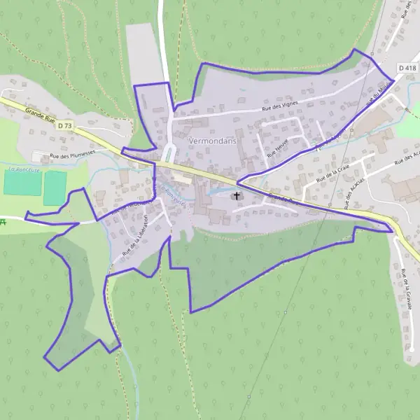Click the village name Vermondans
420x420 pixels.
pos(213,141)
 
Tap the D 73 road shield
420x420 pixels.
pos(65,125)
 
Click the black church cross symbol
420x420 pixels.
pos(237,196)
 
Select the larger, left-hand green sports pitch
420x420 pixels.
pos(22,183)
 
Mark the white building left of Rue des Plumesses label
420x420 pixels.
pos(38,156)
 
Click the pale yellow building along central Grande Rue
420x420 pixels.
pos(181,179)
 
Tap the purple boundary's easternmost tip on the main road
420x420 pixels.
pos(393,230)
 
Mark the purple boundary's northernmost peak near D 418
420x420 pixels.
pos(354,50)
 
